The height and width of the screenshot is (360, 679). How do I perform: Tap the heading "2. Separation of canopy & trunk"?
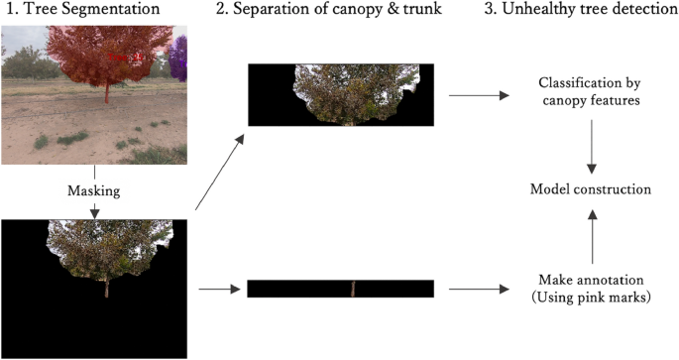(339, 10)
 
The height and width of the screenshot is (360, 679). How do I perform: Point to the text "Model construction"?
(591, 189)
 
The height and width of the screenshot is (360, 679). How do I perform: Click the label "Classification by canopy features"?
(591, 90)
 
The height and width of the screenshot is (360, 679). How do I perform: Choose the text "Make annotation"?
(591, 280)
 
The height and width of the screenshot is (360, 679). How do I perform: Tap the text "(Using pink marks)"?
(591, 298)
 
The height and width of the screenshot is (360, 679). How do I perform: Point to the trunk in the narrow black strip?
(352, 289)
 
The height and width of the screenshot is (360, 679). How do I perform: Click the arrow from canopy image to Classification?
(478, 97)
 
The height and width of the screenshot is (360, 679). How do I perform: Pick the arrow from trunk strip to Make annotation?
(478, 290)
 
